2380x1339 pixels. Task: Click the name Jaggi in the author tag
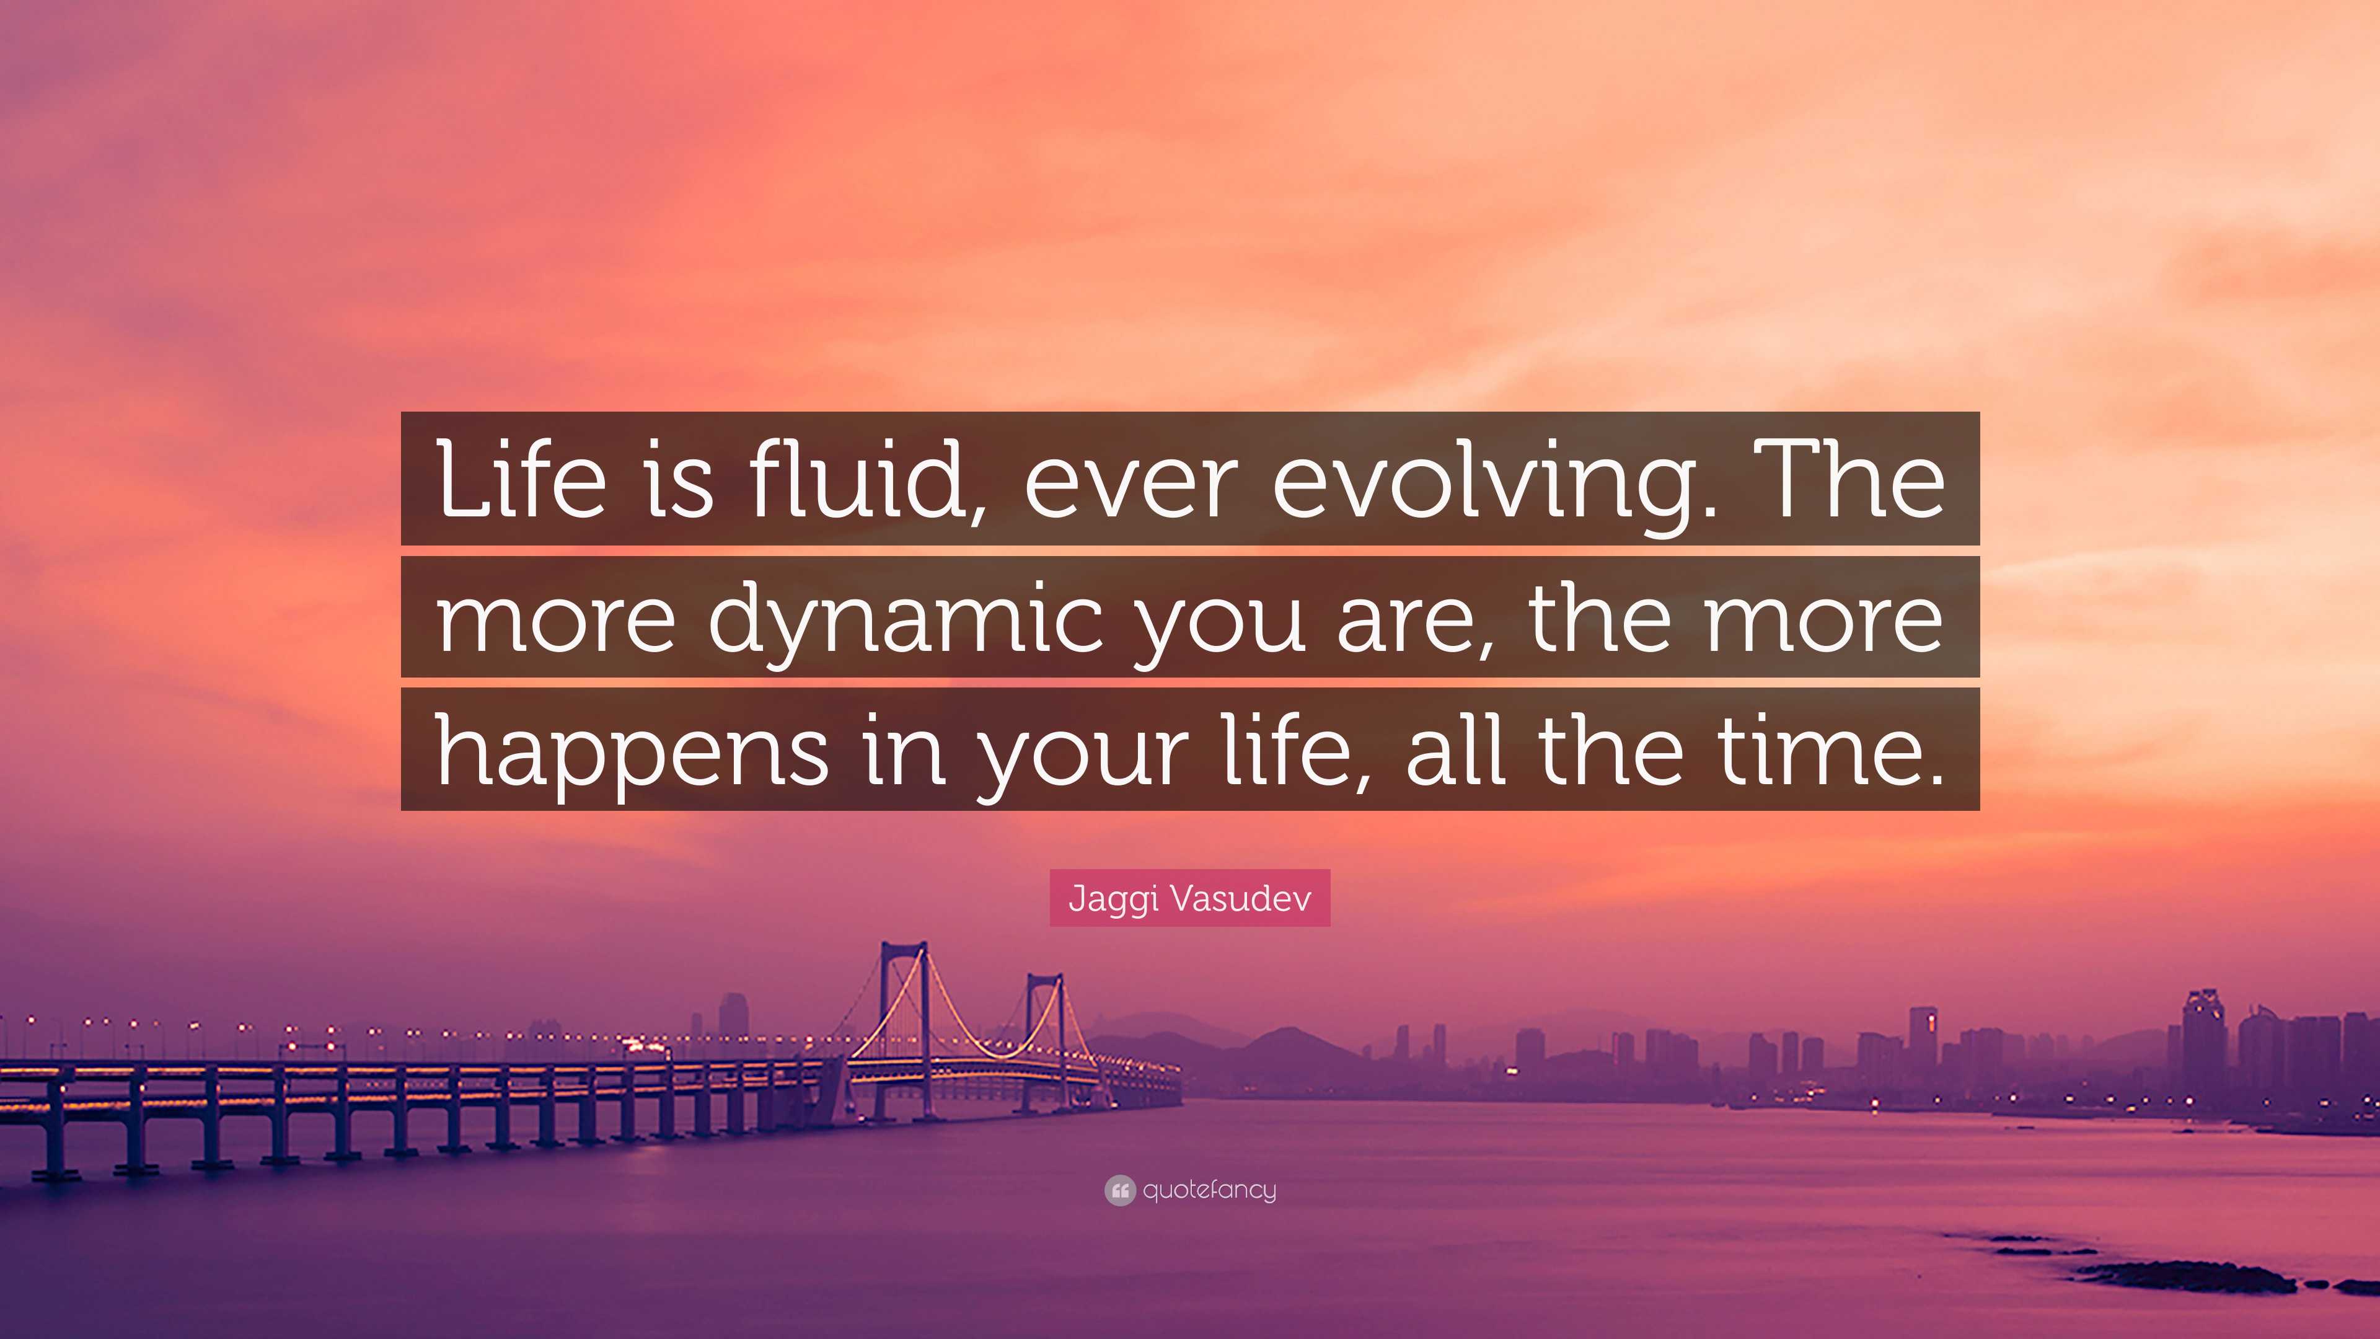(x=1106, y=899)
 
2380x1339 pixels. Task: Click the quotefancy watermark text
(x=1209, y=1190)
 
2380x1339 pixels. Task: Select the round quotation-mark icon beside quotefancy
(x=1119, y=1190)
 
